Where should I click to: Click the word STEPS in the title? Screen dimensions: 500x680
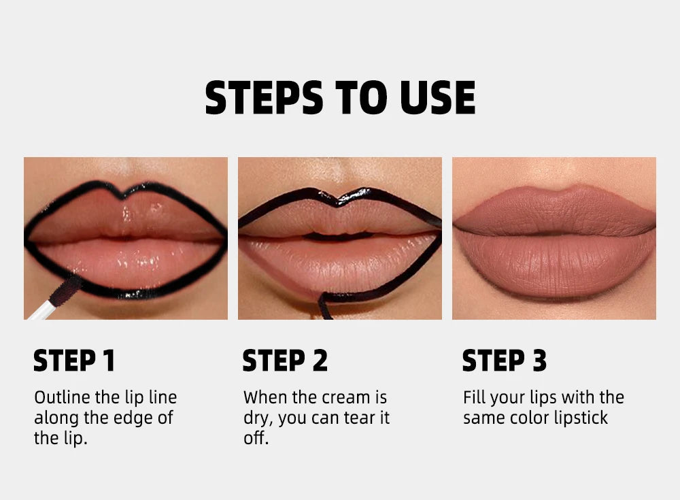click(x=264, y=98)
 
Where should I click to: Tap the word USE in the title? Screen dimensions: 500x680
click(x=437, y=98)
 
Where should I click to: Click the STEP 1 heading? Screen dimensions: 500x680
click(x=74, y=361)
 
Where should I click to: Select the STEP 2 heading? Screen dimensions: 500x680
click(x=285, y=361)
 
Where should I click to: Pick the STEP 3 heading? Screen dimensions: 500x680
click(x=504, y=361)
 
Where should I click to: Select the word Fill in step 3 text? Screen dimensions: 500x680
click(x=474, y=397)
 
